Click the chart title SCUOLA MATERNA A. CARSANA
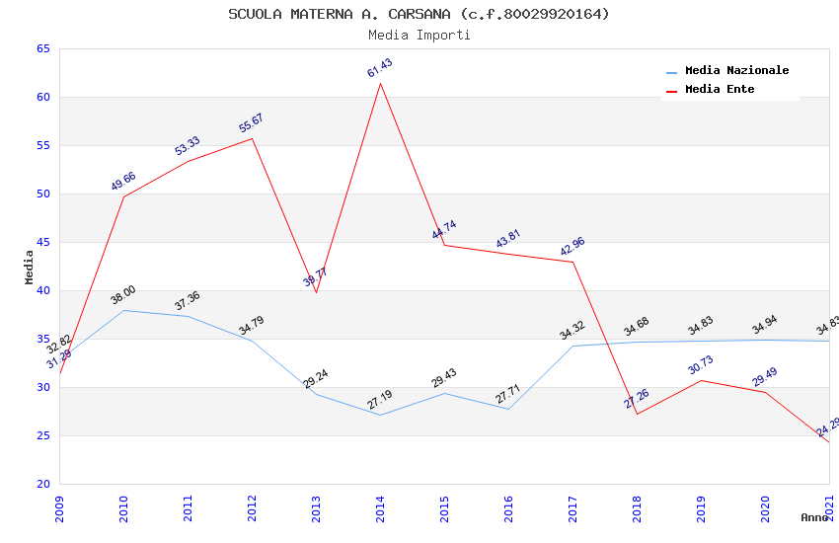tap(419, 14)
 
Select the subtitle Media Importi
tap(419, 35)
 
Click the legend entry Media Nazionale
tap(736, 70)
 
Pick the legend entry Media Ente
tap(720, 89)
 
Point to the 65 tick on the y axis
tap(42, 48)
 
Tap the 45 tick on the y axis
tap(42, 242)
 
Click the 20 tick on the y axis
tap(42, 484)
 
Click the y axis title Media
tap(29, 267)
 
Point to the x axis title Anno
tap(814, 517)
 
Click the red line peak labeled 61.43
tap(380, 83)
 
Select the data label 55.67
tap(252, 123)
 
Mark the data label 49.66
tap(123, 182)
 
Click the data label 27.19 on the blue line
tap(380, 399)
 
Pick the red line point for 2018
tap(637, 414)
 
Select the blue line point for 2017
tap(572, 346)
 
